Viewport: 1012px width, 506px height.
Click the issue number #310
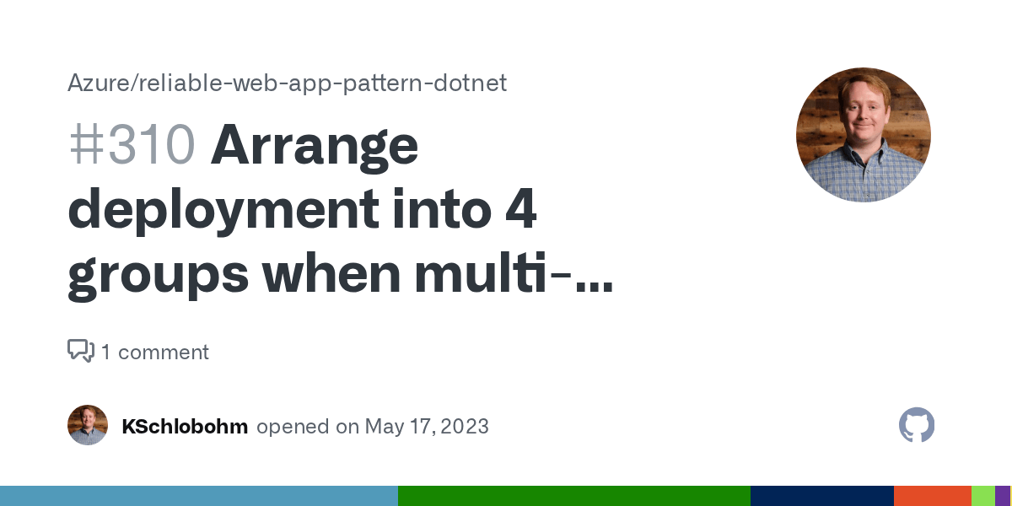pyautogui.click(x=132, y=146)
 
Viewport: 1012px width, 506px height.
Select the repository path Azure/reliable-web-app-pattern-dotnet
pyautogui.click(x=287, y=83)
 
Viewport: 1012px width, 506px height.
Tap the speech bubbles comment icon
pyautogui.click(x=81, y=351)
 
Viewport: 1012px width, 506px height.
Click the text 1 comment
pyautogui.click(x=155, y=352)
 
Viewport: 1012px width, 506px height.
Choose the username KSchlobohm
pyautogui.click(x=185, y=426)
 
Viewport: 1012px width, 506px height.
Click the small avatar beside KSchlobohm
pyautogui.click(x=88, y=425)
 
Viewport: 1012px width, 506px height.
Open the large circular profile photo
pyautogui.click(x=863, y=135)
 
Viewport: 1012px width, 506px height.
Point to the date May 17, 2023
pyautogui.click(x=427, y=426)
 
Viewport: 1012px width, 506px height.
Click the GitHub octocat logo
pyautogui.click(x=917, y=425)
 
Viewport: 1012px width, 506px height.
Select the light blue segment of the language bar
pyautogui.click(x=199, y=496)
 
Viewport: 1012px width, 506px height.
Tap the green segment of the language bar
pyautogui.click(x=573, y=496)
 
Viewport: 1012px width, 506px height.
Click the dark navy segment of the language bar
pyautogui.click(x=821, y=496)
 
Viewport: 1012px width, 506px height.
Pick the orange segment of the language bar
pyautogui.click(x=932, y=496)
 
